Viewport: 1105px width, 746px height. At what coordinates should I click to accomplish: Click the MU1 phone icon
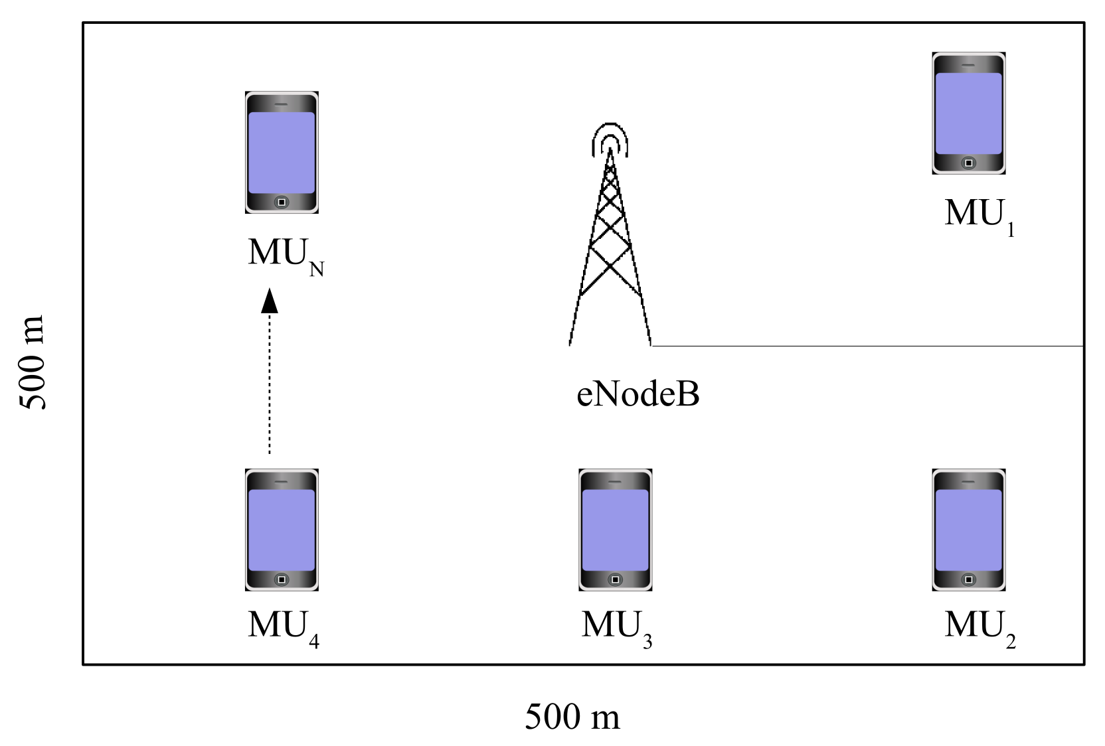click(x=968, y=113)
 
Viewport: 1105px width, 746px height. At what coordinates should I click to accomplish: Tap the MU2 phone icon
click(x=968, y=530)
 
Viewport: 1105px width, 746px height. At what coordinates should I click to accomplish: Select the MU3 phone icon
click(x=615, y=530)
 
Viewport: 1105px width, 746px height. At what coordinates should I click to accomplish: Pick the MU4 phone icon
click(x=282, y=530)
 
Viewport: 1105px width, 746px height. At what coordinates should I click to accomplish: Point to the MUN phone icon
click(x=282, y=152)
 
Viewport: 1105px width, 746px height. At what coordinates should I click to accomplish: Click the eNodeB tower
click(x=610, y=246)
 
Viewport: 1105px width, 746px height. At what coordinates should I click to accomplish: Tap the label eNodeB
click(x=637, y=394)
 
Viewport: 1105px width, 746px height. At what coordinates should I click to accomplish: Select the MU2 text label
click(x=979, y=626)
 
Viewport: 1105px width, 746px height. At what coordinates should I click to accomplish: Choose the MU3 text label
click(x=616, y=626)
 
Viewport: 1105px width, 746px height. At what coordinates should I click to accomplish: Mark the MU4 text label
click(x=283, y=626)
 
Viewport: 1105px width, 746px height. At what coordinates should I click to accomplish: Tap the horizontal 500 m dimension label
click(x=572, y=717)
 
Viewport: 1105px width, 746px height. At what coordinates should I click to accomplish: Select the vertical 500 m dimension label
click(x=32, y=362)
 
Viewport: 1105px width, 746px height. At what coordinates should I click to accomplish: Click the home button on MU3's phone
click(x=615, y=579)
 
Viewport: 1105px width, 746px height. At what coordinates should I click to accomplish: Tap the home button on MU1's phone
click(x=968, y=163)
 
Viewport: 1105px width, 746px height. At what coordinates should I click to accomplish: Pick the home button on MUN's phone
click(x=282, y=202)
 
